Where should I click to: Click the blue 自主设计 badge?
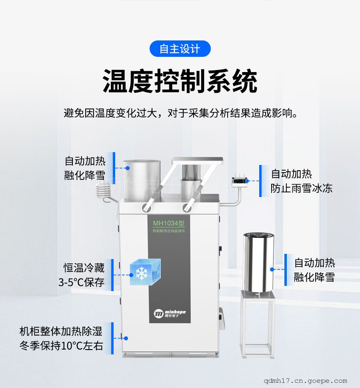coord(180,48)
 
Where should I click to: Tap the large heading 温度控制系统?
coord(180,81)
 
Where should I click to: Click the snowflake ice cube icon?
coord(145,272)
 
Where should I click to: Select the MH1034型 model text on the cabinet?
coord(169,223)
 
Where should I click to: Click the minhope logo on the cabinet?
coord(170,314)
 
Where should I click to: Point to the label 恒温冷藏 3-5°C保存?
coord(82,275)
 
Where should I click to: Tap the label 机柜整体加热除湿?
coord(61,331)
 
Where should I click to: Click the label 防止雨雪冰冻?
coord(302,188)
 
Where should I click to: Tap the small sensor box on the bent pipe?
coord(240,181)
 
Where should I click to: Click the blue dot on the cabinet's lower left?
coord(126,338)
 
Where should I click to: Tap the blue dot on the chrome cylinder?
coord(272,269)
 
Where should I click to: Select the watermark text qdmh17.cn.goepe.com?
coord(305,381)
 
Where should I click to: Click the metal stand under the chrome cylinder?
coord(258,324)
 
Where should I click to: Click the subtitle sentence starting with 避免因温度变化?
coord(181,113)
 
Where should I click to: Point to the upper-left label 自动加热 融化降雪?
coord(85,168)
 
